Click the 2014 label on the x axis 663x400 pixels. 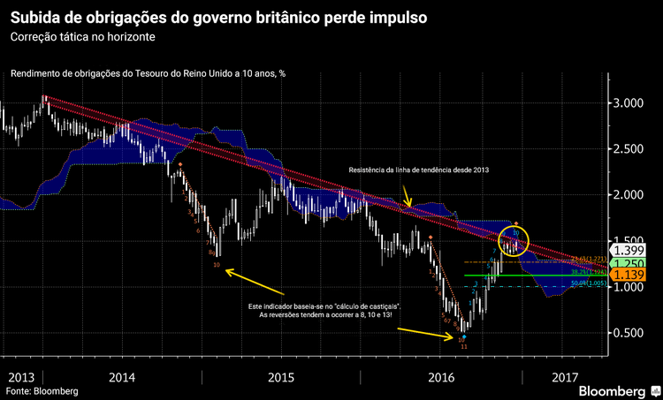[x=121, y=377]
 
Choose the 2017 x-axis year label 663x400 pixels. [x=564, y=377]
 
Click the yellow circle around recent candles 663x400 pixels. [x=514, y=239]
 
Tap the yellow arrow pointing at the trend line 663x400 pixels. [x=407, y=197]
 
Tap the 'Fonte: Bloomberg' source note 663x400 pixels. [x=42, y=390]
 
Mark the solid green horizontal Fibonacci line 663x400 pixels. [x=530, y=275]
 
